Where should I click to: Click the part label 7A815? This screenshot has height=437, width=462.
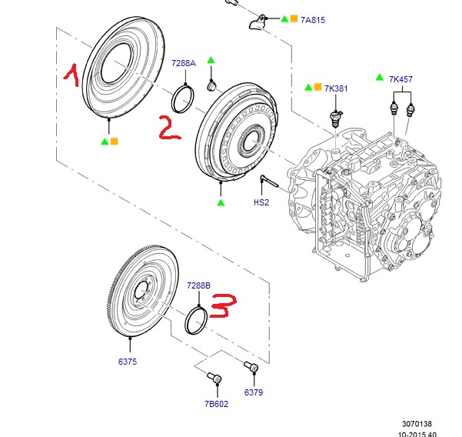click(314, 19)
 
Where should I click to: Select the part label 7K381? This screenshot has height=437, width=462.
click(336, 89)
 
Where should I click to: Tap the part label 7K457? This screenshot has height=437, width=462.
click(401, 79)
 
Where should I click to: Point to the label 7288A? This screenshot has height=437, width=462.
click(184, 63)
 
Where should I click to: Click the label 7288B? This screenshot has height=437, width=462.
click(198, 285)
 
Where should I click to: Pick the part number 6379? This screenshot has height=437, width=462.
click(254, 392)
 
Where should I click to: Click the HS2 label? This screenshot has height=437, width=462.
click(262, 203)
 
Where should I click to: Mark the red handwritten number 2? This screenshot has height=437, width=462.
click(168, 127)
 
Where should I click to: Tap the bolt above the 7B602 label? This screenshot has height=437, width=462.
click(214, 378)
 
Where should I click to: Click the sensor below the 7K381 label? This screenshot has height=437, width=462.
click(334, 118)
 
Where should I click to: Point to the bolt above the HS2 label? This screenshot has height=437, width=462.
click(268, 182)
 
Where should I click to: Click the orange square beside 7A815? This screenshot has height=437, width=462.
click(294, 18)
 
